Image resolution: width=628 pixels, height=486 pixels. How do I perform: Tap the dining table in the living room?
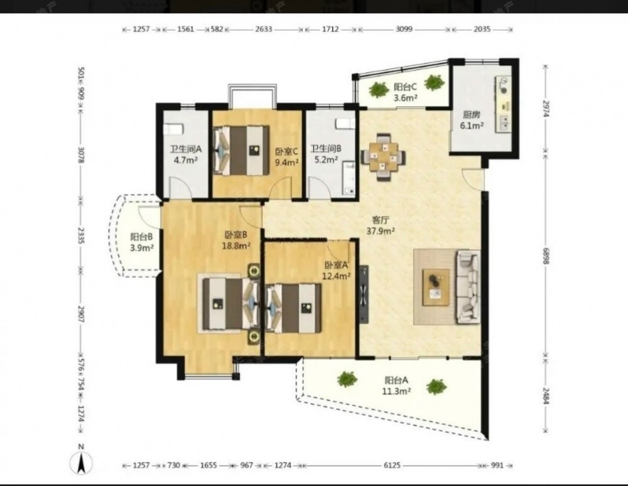pos(384,157)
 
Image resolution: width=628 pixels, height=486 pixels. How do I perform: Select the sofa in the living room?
pos(468,286)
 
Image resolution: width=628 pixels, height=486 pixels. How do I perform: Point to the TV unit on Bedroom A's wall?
pos(364,293)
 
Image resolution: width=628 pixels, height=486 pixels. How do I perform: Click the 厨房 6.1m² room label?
pos(472,120)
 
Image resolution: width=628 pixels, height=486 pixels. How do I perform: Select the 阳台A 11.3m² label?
pos(396,386)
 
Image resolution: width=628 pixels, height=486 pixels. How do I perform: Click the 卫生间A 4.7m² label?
pos(186,154)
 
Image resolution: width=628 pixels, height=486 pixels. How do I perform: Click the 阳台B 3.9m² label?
pos(142,242)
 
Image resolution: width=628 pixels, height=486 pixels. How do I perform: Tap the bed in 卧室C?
pos(241,150)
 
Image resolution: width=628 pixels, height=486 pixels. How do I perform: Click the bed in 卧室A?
pos(293,308)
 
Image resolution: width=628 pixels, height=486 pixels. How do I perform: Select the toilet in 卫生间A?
pos(173,129)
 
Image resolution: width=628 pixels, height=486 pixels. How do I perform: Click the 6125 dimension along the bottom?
pos(392,465)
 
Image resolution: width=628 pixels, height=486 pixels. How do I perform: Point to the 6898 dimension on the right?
pos(546,254)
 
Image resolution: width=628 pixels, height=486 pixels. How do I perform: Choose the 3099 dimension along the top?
pos(404,30)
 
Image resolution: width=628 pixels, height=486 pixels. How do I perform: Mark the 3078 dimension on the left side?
pos(81,155)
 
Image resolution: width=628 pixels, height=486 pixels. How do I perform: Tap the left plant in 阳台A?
pos(347,379)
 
